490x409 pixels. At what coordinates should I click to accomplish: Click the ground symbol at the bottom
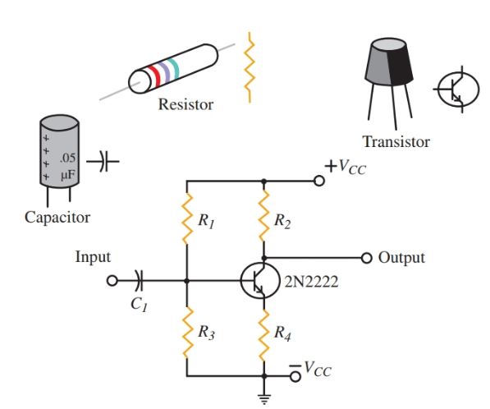point(264,400)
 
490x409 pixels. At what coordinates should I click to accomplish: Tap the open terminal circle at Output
point(367,257)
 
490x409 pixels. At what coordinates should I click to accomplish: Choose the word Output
point(402,257)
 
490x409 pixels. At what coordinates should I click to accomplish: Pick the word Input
point(92,257)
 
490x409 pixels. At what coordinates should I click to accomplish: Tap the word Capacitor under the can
point(57,218)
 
